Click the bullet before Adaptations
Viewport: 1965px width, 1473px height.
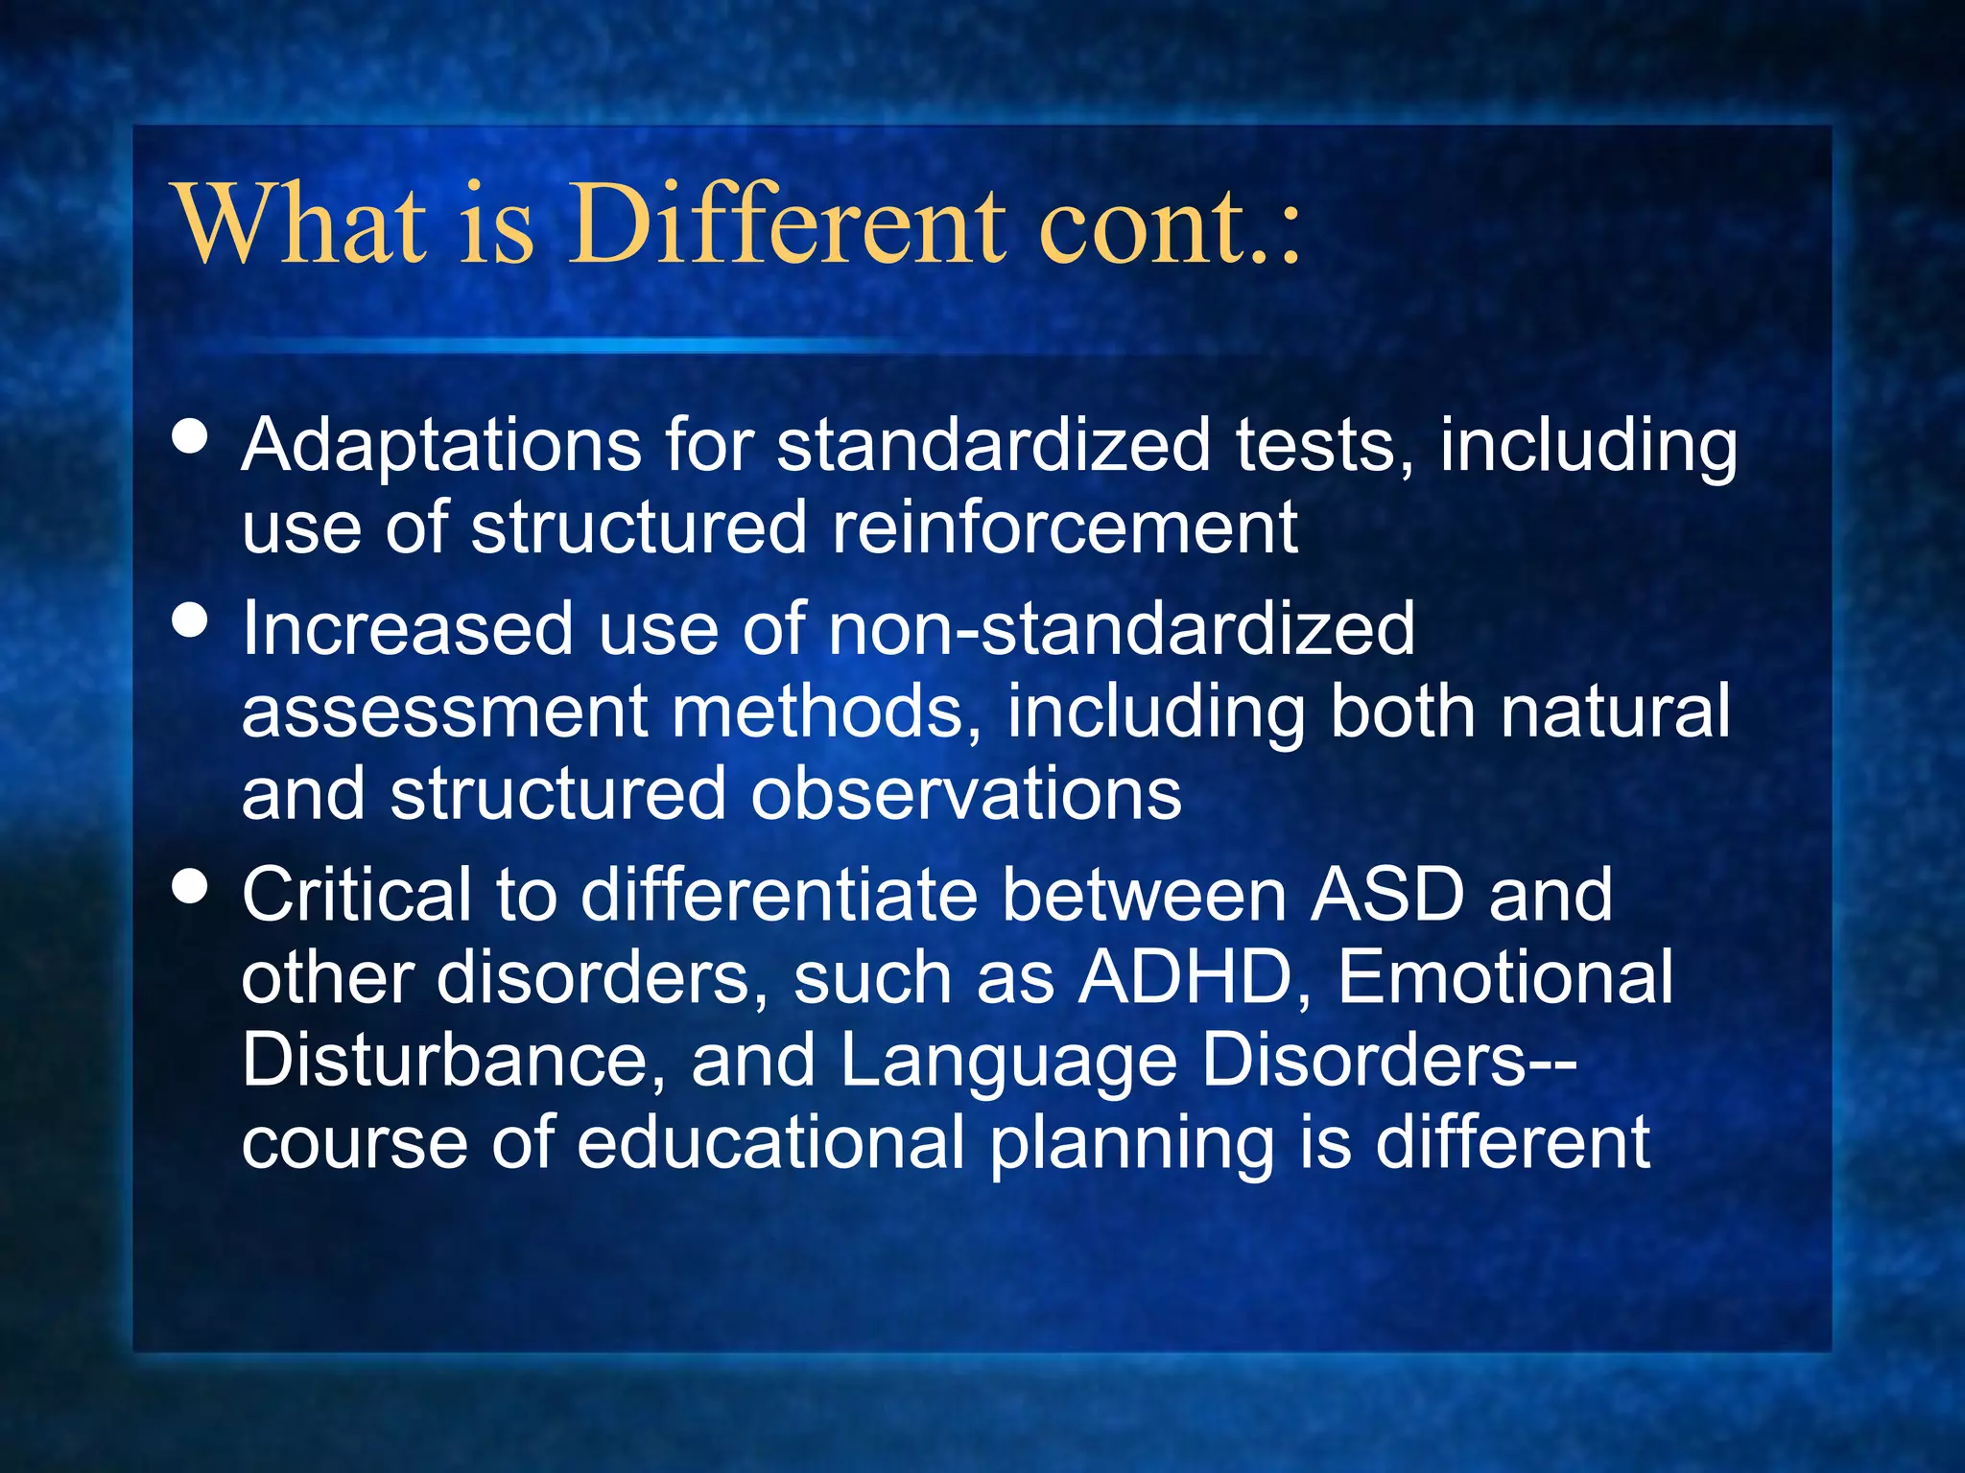[190, 436]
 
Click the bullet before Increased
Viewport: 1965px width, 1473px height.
[190, 620]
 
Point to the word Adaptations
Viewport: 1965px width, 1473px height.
[440, 447]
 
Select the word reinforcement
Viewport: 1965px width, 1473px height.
[1064, 528]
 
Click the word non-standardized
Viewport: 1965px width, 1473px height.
[1121, 629]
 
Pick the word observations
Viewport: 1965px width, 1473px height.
[965, 795]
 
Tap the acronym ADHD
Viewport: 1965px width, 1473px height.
[1185, 979]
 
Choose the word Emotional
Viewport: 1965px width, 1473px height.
[1504, 979]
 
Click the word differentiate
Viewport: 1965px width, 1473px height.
[778, 896]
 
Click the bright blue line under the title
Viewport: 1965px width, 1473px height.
[576, 343]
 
